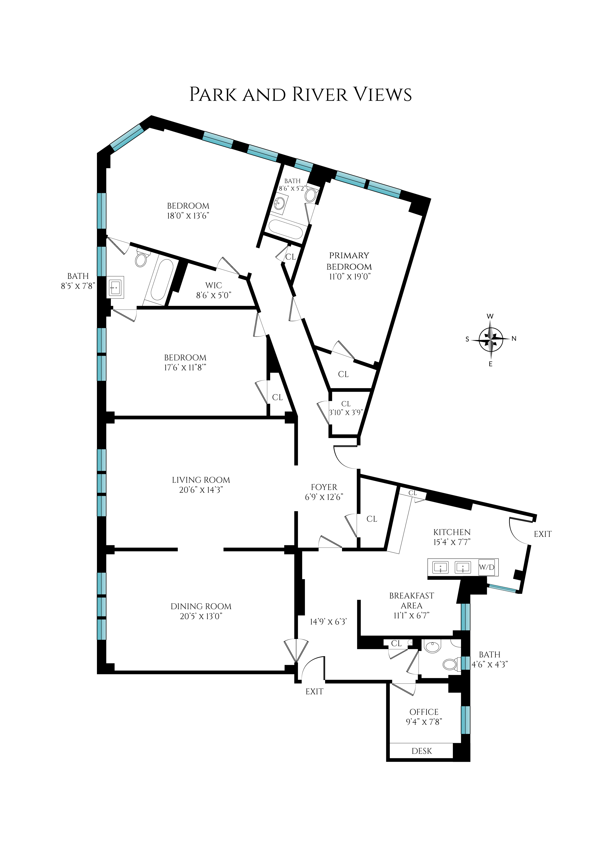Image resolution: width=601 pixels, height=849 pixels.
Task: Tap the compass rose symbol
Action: (x=491, y=340)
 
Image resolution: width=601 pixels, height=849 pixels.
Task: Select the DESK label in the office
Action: (x=422, y=751)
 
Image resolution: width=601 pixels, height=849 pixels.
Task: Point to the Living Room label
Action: (x=201, y=480)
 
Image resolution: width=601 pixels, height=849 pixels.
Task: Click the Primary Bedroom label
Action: (x=349, y=261)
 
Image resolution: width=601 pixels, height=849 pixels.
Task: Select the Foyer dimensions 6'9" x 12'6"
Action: (x=324, y=497)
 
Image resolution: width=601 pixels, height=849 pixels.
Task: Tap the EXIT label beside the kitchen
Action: (x=543, y=534)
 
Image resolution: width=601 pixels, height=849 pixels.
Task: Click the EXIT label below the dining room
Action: (x=314, y=691)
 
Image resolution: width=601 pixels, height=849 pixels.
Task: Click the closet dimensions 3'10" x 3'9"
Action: (x=346, y=413)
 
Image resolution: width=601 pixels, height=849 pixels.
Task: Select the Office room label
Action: (x=424, y=712)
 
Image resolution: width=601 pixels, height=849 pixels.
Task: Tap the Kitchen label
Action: (x=452, y=532)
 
